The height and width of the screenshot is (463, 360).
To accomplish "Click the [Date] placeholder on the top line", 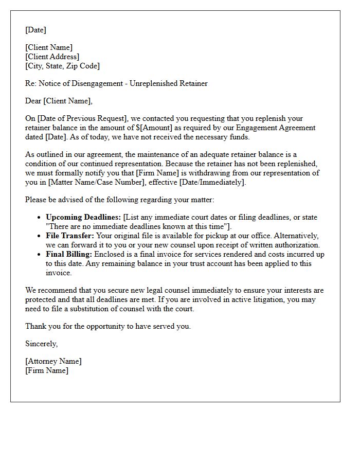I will coord(35,30).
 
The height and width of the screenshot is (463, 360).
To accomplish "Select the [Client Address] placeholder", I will coord(52,57).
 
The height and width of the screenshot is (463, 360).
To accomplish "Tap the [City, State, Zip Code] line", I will coord(63,66).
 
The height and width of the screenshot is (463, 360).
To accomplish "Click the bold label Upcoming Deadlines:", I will coord(83,217).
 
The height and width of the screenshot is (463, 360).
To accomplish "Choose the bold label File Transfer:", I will coord(70,236).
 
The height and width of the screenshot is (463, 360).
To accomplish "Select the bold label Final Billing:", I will coord(69,254).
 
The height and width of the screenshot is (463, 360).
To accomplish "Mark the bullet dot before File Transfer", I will coord(39,236).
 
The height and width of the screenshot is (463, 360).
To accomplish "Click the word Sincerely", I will coord(41,344).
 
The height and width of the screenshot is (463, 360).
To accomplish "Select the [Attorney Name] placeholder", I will coord(53,361).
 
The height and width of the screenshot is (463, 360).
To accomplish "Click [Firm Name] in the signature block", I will coord(47,370).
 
